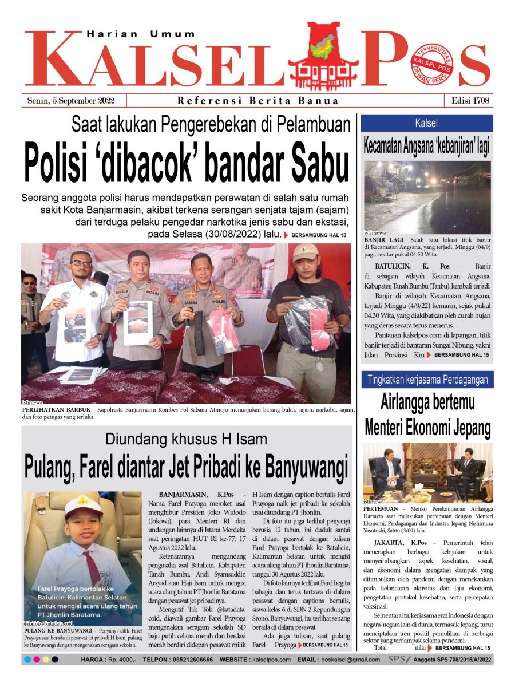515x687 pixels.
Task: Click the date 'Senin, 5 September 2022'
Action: tap(71, 101)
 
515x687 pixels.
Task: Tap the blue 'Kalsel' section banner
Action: tap(426, 123)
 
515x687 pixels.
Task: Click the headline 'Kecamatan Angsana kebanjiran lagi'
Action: tap(426, 145)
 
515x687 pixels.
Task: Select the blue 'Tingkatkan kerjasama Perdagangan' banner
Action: tap(427, 380)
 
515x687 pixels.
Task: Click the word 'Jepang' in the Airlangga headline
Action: tap(466, 427)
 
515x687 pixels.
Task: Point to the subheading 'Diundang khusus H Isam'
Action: tap(186, 440)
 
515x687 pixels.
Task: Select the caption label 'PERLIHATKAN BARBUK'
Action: tap(53, 410)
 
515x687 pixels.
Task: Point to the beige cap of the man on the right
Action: tap(304, 252)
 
